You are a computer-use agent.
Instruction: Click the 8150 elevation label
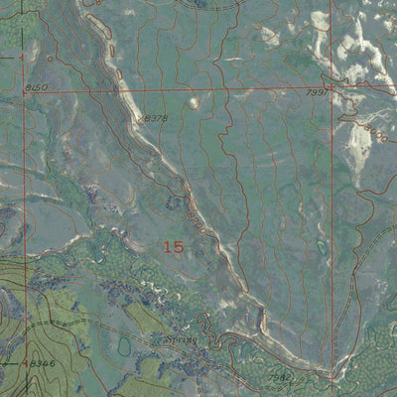36,88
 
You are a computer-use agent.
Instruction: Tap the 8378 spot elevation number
156,118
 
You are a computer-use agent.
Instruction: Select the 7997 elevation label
317,93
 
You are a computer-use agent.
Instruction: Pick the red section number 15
173,247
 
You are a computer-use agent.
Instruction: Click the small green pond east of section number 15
321,245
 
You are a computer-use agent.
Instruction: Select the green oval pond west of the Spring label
124,347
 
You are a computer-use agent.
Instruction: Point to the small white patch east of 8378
193,101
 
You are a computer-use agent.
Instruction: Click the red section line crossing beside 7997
331,88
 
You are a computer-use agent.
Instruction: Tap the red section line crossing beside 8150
25,88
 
